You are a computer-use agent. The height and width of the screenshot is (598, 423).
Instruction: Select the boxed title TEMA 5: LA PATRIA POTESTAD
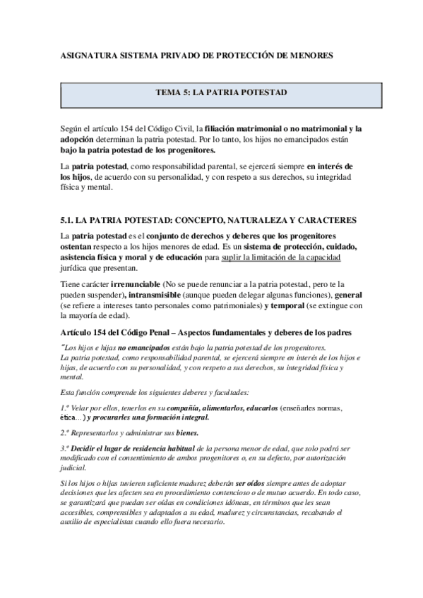tap(210, 92)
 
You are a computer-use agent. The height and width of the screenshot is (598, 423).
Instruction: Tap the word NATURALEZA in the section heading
tap(239, 221)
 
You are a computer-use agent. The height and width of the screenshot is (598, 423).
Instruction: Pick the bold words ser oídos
tap(251, 482)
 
